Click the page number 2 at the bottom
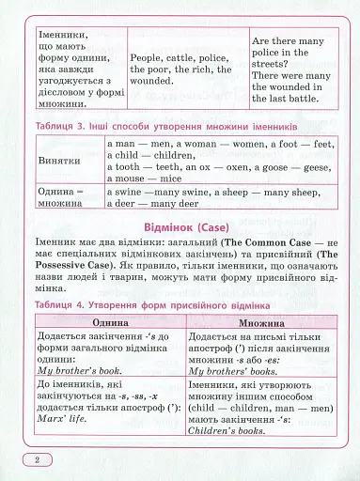36,459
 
